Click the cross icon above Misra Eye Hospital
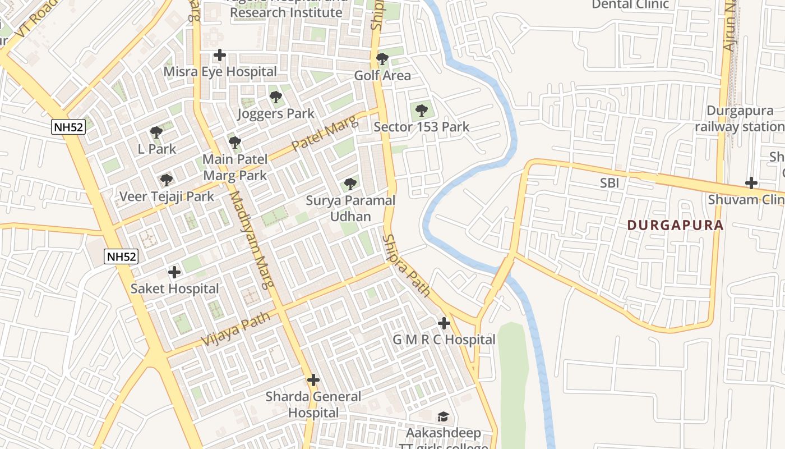pyautogui.click(x=220, y=55)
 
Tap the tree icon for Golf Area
pyautogui.click(x=382, y=59)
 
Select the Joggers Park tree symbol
pyautogui.click(x=275, y=97)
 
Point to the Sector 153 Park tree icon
pyautogui.click(x=422, y=111)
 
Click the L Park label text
pyautogui.click(x=157, y=149)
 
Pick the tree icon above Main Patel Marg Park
pyautogui.click(x=235, y=143)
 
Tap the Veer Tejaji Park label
pyautogui.click(x=167, y=196)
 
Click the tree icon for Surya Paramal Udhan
pyautogui.click(x=350, y=184)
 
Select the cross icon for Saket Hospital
pyautogui.click(x=174, y=272)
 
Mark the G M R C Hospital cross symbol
pyautogui.click(x=444, y=323)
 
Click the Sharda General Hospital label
pyautogui.click(x=313, y=405)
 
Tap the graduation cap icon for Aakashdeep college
pyautogui.click(x=443, y=416)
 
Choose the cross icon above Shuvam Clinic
pyautogui.click(x=751, y=183)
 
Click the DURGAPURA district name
pyautogui.click(x=675, y=226)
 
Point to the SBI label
pyautogui.click(x=609, y=183)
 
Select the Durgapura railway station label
pyautogui.click(x=740, y=118)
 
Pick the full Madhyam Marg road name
pyautogui.click(x=252, y=239)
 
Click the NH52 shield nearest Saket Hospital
pyautogui.click(x=121, y=256)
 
